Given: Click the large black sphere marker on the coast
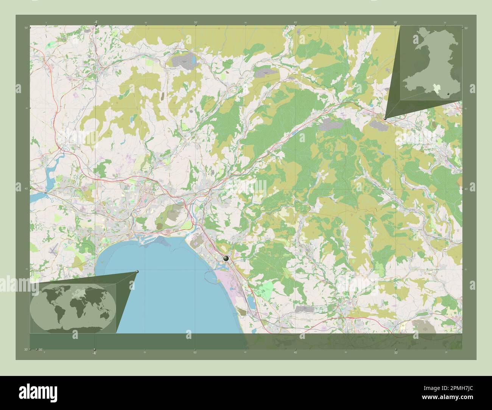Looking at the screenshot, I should tap(226, 258).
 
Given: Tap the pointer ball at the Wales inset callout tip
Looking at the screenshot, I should tap(385, 119).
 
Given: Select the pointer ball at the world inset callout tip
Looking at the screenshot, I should tap(137, 272).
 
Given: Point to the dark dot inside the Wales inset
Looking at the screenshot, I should tap(448, 93).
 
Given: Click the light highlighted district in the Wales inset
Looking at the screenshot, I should tap(439, 89).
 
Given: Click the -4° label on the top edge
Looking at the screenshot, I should tap(96, 22).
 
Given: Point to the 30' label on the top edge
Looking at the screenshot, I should tap(395, 22).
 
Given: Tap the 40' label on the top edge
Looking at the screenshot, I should tap(295, 22).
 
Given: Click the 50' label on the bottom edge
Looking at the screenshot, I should tap(195, 353).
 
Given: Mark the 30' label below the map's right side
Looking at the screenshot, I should tap(395, 353).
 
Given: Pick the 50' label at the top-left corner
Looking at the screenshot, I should tap(26, 28).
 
